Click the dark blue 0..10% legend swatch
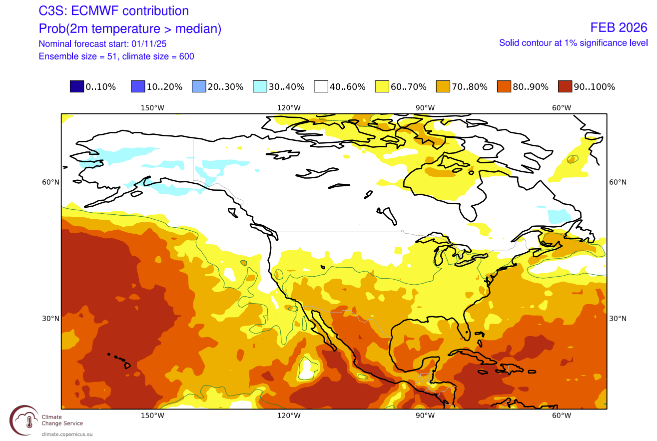click(77, 87)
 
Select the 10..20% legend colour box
click(138, 87)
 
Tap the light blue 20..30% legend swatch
click(199, 87)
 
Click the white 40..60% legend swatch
click(321, 87)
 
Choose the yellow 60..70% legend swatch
click(382, 87)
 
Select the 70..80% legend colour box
click(443, 87)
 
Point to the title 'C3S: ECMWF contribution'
click(114, 11)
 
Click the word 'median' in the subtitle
click(199, 29)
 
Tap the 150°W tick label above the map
click(152, 108)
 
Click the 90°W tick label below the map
click(425, 416)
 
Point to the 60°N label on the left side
click(50, 182)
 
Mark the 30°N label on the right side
click(618, 319)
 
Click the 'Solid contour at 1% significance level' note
click(570, 43)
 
